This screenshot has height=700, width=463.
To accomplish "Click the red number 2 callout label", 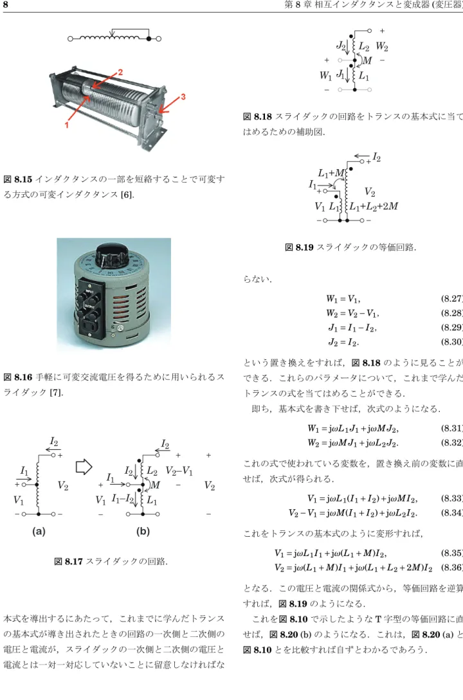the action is coord(120,73).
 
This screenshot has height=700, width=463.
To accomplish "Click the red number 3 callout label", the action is coord(183,97).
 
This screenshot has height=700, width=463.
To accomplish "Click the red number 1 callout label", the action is coord(66,125).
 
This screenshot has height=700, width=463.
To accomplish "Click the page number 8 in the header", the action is coord(5,5).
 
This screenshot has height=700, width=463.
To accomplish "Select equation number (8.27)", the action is coord(452,299).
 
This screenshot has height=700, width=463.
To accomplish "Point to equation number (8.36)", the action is coord(452,568).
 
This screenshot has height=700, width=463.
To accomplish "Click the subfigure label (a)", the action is coord(39,531).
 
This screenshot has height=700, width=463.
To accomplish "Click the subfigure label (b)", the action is coord(143,531).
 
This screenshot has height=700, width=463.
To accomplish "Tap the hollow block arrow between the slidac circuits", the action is coord(84,467).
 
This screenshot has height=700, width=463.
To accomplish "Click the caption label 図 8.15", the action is coord(18,179).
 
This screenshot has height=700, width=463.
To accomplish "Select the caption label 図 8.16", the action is coord(18,377).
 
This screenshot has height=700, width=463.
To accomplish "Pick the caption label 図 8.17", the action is coord(68,562).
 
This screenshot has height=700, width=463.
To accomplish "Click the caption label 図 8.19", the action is coord(299,247).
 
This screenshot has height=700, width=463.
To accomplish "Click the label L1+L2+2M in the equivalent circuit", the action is coord(374,206).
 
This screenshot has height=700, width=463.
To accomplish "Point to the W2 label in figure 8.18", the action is coord(382,46).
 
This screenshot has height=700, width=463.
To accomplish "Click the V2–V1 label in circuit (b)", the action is coord(179,471).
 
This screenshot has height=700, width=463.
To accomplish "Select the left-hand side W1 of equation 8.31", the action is coord(313,429).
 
